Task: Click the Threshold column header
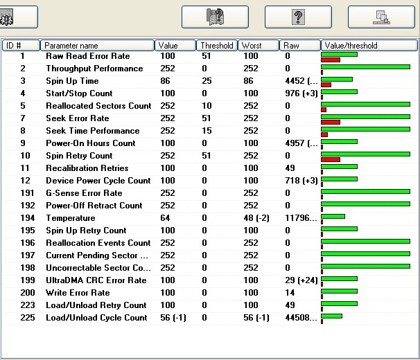(217, 46)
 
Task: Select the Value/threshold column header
(369, 46)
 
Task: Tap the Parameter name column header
(97, 46)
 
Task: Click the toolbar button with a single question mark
(298, 17)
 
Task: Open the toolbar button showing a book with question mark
(215, 17)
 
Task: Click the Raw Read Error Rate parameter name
(88, 56)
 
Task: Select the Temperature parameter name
(71, 218)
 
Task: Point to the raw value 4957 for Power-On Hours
(295, 143)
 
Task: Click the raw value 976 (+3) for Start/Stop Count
(301, 93)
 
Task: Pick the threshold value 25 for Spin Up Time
(207, 81)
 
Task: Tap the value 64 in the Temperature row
(165, 218)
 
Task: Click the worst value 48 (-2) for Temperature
(256, 218)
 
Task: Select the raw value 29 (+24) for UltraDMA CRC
(301, 280)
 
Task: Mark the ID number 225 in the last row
(28, 318)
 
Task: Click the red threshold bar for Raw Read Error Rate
(331, 60)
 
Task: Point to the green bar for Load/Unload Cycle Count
(331, 316)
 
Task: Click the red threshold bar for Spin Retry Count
(331, 159)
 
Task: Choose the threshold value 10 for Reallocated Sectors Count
(207, 106)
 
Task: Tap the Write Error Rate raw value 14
(290, 293)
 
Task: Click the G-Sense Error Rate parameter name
(84, 193)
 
